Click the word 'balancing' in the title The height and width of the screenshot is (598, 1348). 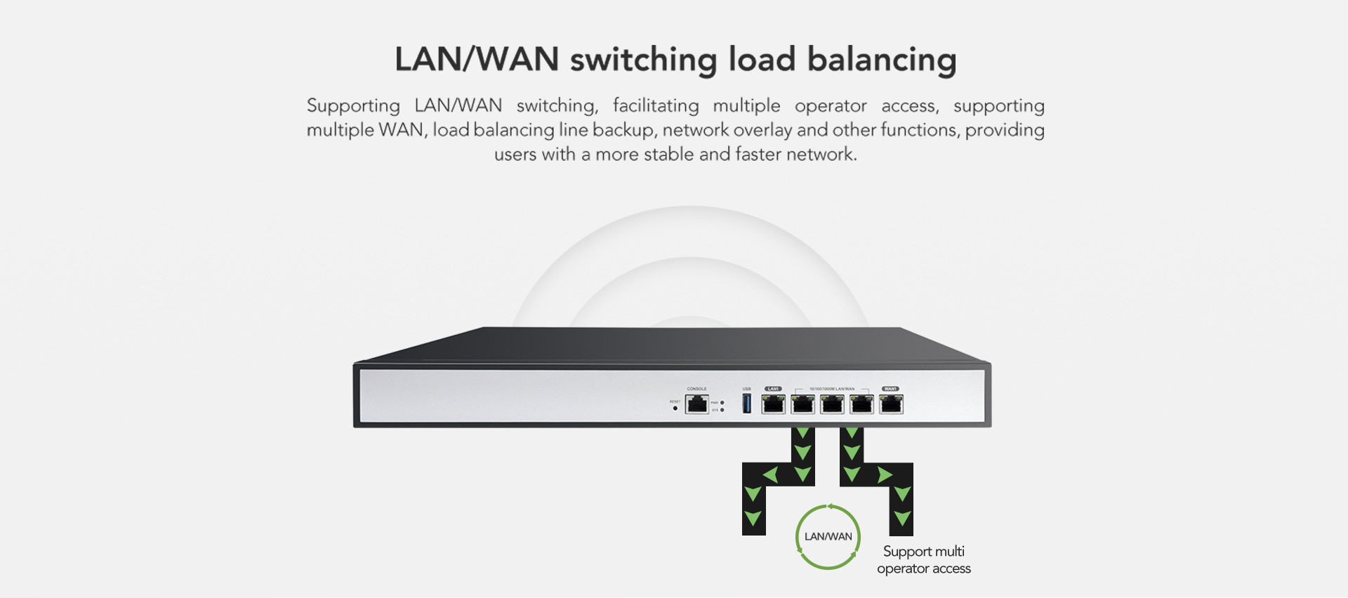click(x=881, y=60)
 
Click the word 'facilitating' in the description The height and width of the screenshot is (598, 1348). click(x=656, y=106)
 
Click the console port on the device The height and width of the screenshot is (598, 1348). click(x=696, y=404)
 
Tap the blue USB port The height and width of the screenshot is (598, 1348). click(x=746, y=404)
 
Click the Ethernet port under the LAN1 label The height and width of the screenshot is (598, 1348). click(x=773, y=404)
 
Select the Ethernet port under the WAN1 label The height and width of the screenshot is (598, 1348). click(x=891, y=404)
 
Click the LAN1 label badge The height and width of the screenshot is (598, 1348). click(x=773, y=389)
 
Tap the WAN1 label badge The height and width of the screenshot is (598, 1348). click(x=890, y=389)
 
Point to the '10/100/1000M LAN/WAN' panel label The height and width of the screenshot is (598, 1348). click(x=832, y=389)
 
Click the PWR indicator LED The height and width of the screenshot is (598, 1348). click(x=722, y=403)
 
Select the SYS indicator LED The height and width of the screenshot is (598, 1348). click(x=722, y=410)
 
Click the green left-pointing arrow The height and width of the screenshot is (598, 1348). click(x=771, y=475)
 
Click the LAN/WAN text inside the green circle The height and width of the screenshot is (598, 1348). click(x=828, y=537)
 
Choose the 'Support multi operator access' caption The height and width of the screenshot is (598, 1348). click(x=924, y=560)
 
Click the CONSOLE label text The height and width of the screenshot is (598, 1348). click(x=696, y=389)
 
